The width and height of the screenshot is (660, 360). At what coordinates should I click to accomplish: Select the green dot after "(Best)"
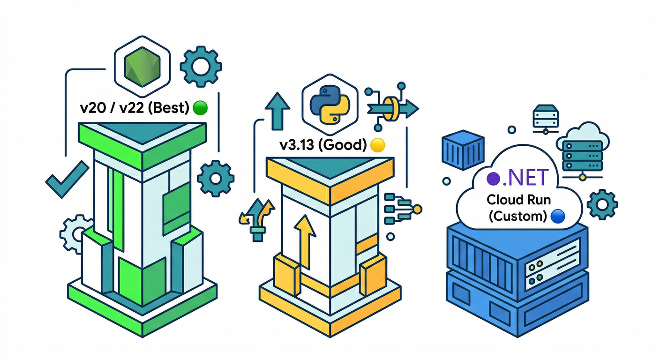tap(200, 108)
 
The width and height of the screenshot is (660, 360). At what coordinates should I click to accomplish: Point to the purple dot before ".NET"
tap(492, 178)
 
